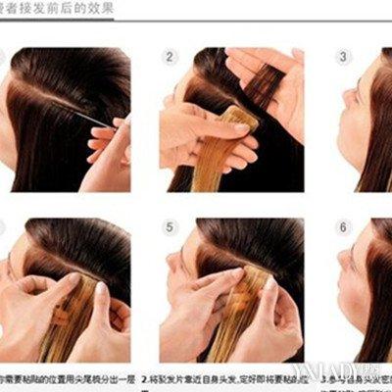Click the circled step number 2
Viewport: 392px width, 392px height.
point(171,57)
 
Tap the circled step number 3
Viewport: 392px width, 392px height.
point(344,57)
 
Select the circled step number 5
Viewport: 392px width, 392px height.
point(171,227)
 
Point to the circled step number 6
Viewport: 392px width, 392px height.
point(344,227)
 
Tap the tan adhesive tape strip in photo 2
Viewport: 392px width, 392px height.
point(239,122)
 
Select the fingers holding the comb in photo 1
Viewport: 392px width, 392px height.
point(111,137)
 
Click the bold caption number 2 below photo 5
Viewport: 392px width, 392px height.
point(144,376)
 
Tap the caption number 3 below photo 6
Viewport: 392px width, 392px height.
point(322,376)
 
